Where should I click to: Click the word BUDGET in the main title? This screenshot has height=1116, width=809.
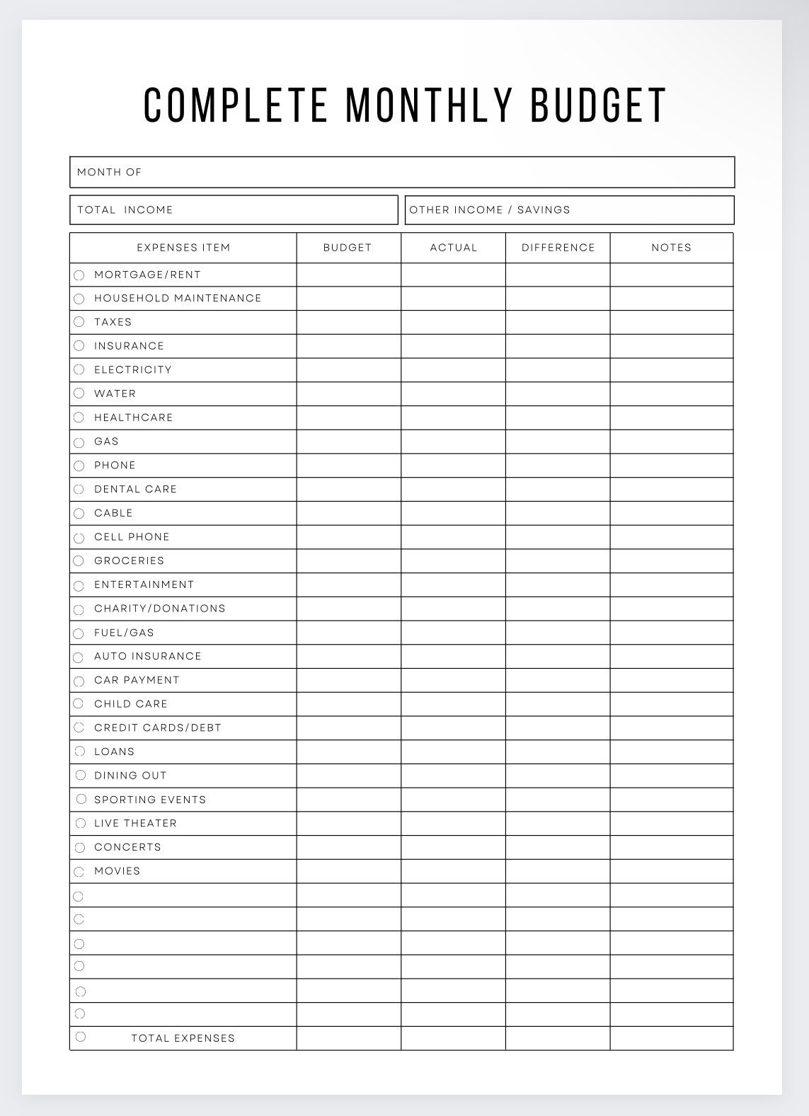pyautogui.click(x=598, y=105)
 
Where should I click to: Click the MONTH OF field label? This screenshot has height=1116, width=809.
pyautogui.click(x=109, y=172)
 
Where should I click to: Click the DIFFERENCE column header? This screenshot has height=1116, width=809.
pyautogui.click(x=558, y=248)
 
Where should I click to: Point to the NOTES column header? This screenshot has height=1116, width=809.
pyautogui.click(x=671, y=248)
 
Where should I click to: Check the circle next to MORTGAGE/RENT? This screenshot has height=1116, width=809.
pyautogui.click(x=79, y=275)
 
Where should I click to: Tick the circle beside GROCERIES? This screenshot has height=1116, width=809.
pyautogui.click(x=79, y=560)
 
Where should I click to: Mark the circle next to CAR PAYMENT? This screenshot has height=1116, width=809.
pyautogui.click(x=79, y=681)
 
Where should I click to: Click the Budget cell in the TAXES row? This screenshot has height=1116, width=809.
pyautogui.click(x=348, y=322)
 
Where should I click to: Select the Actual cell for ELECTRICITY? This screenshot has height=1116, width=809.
pyautogui.click(x=453, y=370)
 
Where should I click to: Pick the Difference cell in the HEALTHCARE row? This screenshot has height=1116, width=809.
pyautogui.click(x=558, y=418)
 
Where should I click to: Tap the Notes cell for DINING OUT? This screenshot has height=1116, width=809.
pyautogui.click(x=671, y=776)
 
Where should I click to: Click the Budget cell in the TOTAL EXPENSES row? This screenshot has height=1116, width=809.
pyautogui.click(x=348, y=1038)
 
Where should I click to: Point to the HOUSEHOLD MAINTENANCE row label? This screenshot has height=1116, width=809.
pyautogui.click(x=178, y=298)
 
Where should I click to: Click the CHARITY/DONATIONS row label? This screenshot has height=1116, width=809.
pyautogui.click(x=159, y=609)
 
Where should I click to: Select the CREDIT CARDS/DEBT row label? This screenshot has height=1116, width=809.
pyautogui.click(x=157, y=727)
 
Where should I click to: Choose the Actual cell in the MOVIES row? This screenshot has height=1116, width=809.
pyautogui.click(x=453, y=871)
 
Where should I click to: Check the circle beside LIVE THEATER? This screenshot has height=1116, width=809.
pyautogui.click(x=80, y=823)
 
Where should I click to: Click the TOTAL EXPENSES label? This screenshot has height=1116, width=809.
pyautogui.click(x=183, y=1038)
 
